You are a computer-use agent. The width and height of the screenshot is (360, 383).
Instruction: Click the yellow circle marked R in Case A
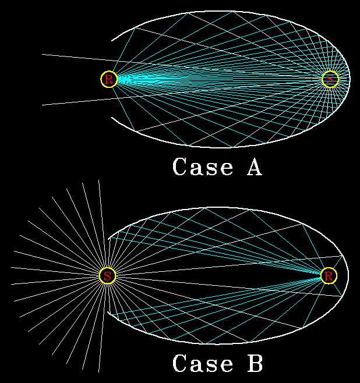(109, 79)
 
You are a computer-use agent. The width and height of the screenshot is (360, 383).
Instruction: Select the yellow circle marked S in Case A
(330, 79)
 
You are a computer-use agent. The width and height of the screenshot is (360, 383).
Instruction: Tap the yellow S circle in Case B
(108, 276)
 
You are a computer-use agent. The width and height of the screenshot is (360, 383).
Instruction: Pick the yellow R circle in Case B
(329, 276)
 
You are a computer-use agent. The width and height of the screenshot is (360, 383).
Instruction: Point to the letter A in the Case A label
(255, 166)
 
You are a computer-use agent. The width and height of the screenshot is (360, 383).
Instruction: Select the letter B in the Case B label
(255, 363)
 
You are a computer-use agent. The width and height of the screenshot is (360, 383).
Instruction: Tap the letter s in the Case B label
(211, 366)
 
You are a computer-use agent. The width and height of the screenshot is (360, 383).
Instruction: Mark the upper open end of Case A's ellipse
(112, 41)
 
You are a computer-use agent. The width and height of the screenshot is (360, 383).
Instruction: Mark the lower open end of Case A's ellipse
(112, 118)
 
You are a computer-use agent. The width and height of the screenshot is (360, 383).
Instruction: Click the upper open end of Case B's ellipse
(108, 237)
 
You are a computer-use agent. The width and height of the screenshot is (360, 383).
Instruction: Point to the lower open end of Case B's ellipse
(108, 312)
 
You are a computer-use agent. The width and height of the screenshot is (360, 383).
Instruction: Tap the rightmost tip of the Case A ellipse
(350, 79)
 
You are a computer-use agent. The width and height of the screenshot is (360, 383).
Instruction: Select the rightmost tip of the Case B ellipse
(348, 276)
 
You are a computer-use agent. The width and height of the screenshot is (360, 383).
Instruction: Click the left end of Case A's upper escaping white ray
(43, 54)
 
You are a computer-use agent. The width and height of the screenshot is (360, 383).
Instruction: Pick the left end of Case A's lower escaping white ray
(43, 105)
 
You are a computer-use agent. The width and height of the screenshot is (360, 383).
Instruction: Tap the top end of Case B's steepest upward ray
(98, 180)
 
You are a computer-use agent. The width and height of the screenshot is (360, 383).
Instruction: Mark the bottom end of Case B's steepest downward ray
(98, 372)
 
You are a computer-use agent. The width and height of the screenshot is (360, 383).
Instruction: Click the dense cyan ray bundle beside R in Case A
(137, 79)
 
